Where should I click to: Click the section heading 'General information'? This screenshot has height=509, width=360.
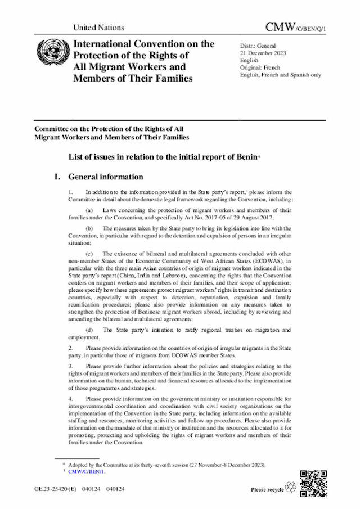(x=105, y=177)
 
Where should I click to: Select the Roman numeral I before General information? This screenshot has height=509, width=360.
(x=57, y=177)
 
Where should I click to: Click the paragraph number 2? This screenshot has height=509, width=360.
(x=70, y=348)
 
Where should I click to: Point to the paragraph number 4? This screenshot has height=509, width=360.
(x=70, y=398)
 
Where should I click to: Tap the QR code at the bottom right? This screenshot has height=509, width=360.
(x=313, y=481)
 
